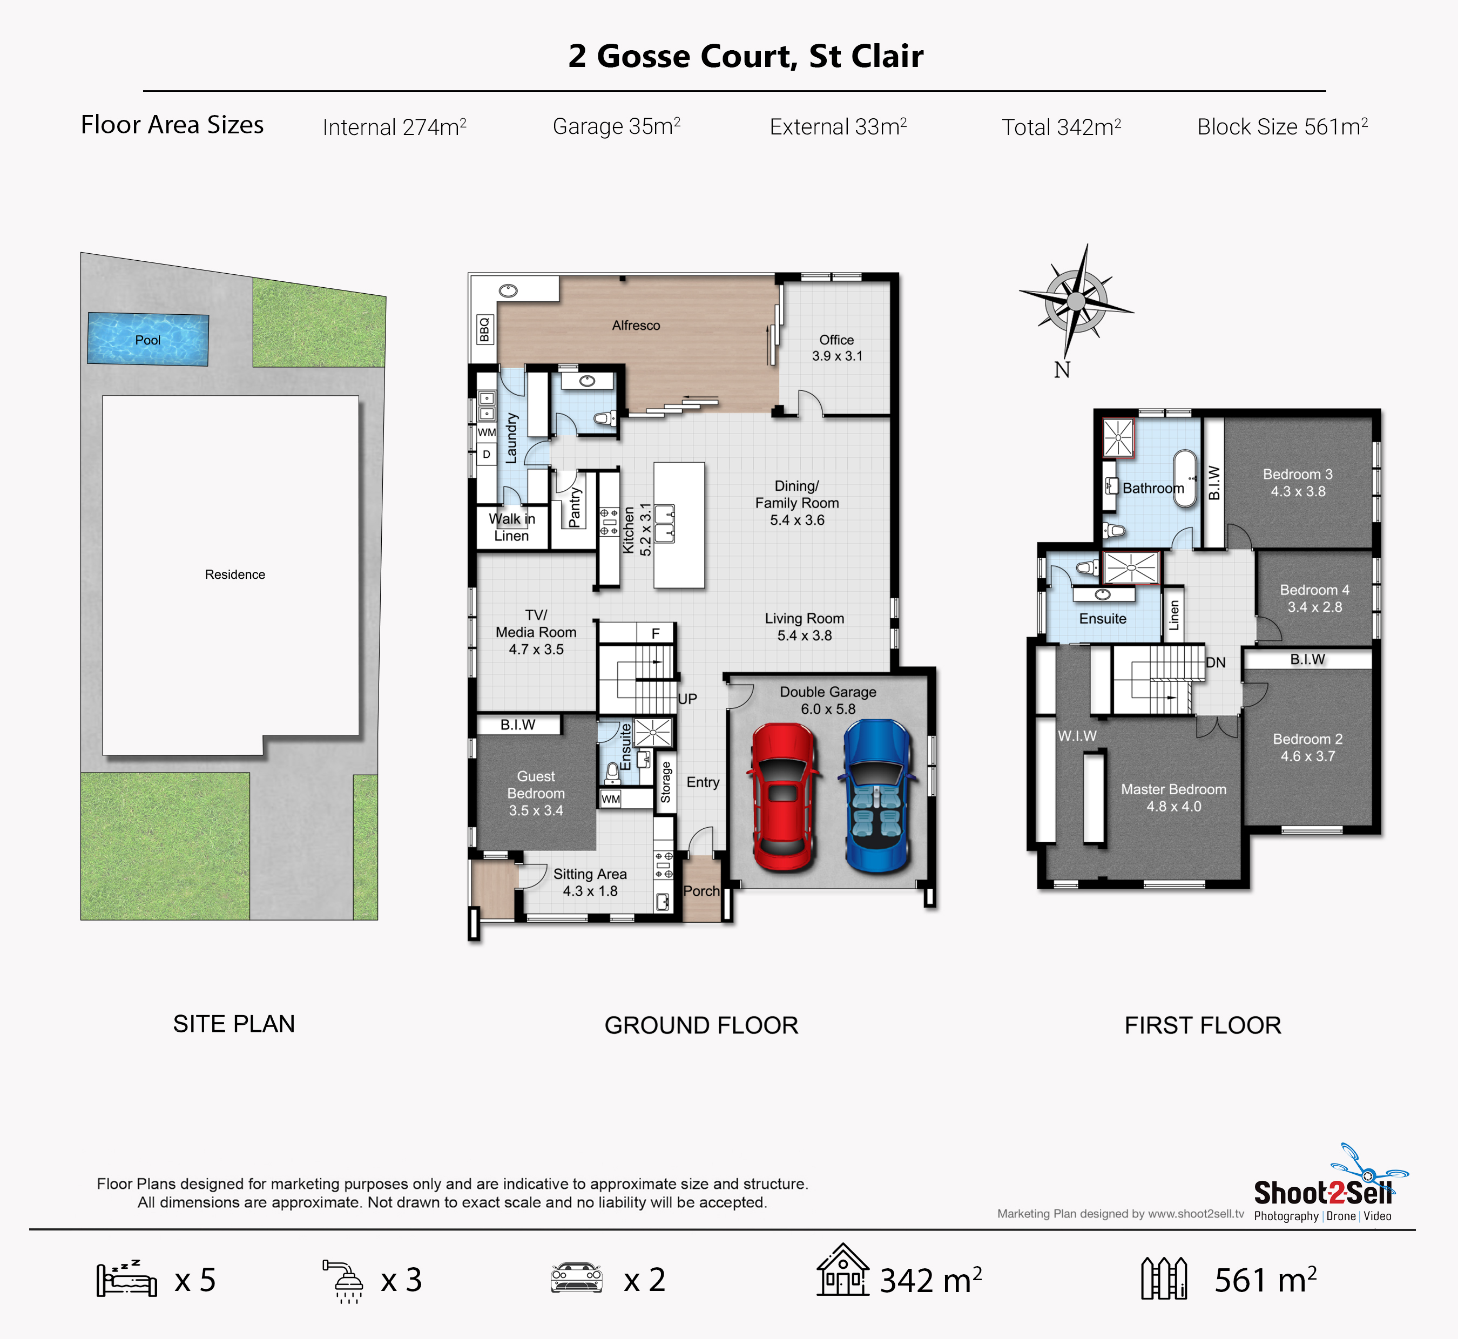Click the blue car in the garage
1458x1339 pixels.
coord(878,796)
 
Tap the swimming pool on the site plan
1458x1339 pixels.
coord(148,339)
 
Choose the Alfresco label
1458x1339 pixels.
coord(636,326)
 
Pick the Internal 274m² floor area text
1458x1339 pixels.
coord(394,127)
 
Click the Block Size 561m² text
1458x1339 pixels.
coord(1282,127)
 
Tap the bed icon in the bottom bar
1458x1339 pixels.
coord(127,1280)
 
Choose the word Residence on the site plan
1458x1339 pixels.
coord(235,574)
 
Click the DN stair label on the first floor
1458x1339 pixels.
coord(1215,662)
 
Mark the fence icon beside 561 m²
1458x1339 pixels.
coord(1164,1278)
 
